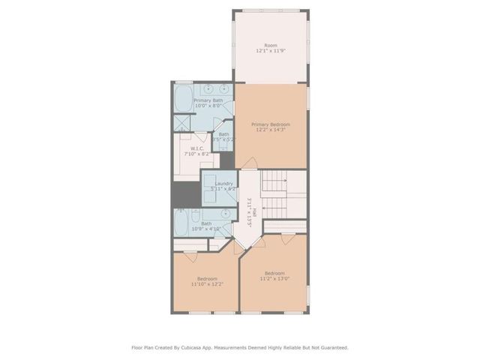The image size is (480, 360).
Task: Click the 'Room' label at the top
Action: pos(270,46)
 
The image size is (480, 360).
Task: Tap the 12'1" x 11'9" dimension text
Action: pos(270,51)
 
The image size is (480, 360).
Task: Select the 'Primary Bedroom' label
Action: pos(270,124)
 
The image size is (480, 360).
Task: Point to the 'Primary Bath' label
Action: pos(208,100)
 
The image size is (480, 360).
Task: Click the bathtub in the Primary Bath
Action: pos(184,98)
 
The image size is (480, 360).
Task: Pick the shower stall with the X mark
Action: pos(182,122)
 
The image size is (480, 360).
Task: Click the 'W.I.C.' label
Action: pos(197,148)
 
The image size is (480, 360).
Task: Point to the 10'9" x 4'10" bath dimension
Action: pos(205,228)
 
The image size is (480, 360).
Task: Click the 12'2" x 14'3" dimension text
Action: pos(270,129)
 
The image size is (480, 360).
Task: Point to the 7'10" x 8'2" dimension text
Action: pos(197,153)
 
